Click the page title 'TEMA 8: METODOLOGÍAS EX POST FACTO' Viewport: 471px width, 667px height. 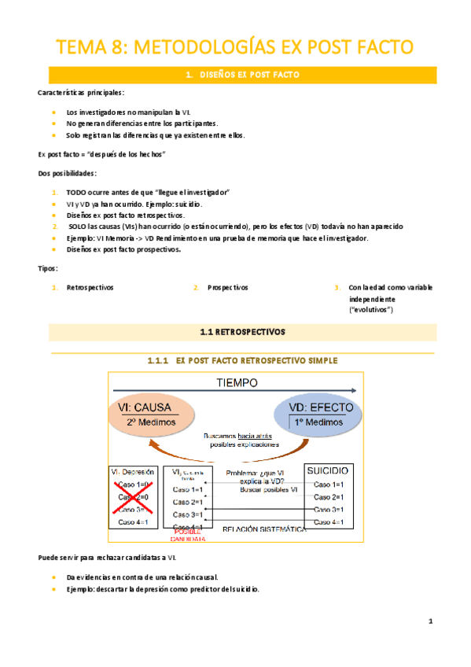pyautogui.click(x=234, y=48)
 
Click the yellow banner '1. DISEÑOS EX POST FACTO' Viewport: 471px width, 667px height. pyautogui.click(x=242, y=75)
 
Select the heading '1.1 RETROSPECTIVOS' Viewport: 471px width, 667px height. pyautogui.click(x=242, y=332)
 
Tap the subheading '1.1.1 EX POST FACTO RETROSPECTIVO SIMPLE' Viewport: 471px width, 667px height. pyautogui.click(x=242, y=360)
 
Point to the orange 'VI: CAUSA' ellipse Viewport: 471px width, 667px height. pyautogui.click(x=149, y=415)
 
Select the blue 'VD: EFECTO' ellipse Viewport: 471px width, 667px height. pyautogui.click(x=320, y=415)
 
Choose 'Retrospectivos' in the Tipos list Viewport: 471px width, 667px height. pyautogui.click(x=90, y=288)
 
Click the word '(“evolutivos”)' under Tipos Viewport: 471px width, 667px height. pyautogui.click(x=371, y=311)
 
